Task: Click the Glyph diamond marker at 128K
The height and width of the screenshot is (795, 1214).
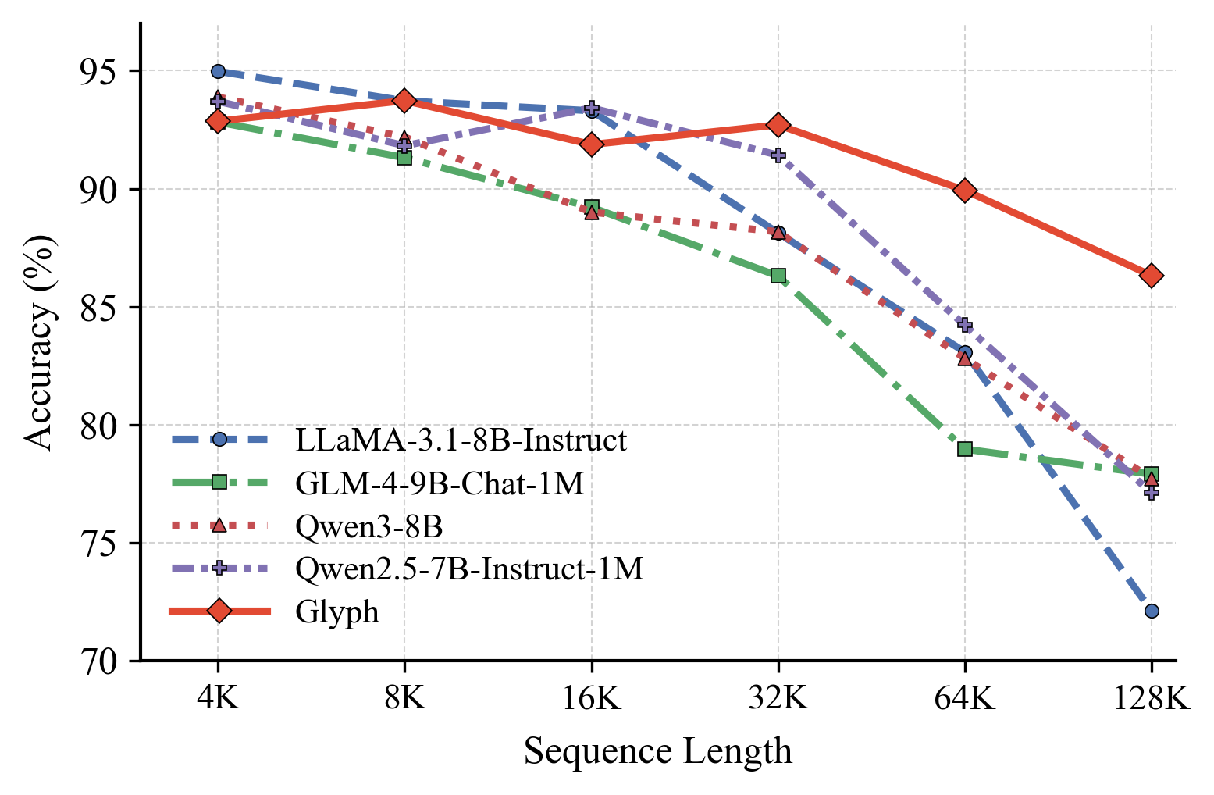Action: pyautogui.click(x=1151, y=276)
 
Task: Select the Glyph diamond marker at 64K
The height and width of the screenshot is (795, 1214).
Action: pyautogui.click(x=965, y=191)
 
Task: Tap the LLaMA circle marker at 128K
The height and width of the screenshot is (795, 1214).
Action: pyautogui.click(x=1152, y=611)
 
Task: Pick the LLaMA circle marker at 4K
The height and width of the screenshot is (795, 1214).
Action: pyautogui.click(x=218, y=72)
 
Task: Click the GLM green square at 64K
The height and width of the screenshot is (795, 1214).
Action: pyautogui.click(x=965, y=449)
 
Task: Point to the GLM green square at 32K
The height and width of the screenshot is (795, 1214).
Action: pyautogui.click(x=778, y=276)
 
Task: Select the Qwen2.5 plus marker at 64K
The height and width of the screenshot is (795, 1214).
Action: pyautogui.click(x=965, y=325)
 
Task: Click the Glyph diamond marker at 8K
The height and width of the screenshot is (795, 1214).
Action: pyautogui.click(x=404, y=100)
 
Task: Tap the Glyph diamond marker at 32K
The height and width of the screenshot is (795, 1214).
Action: pyautogui.click(x=778, y=125)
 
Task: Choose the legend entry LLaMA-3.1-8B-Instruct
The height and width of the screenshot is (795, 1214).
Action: pyautogui.click(x=461, y=440)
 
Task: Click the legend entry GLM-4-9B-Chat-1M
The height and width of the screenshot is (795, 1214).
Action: pyautogui.click(x=440, y=484)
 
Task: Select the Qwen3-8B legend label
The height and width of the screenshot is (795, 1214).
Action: pyautogui.click(x=369, y=527)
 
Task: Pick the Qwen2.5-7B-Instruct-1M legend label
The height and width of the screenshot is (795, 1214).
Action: pyautogui.click(x=469, y=569)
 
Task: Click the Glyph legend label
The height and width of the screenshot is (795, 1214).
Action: pyautogui.click(x=337, y=612)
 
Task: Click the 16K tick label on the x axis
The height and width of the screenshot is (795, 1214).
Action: pyautogui.click(x=591, y=697)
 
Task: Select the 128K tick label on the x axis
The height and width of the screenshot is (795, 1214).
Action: pyautogui.click(x=1151, y=697)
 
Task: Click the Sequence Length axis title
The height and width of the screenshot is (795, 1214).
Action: pyautogui.click(x=657, y=752)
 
